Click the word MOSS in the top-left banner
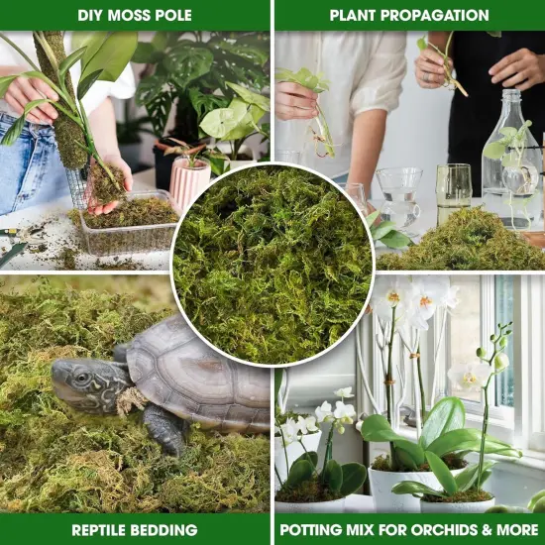135,15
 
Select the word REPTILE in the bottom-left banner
105,530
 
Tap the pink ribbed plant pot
189,178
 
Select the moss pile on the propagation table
466,243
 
